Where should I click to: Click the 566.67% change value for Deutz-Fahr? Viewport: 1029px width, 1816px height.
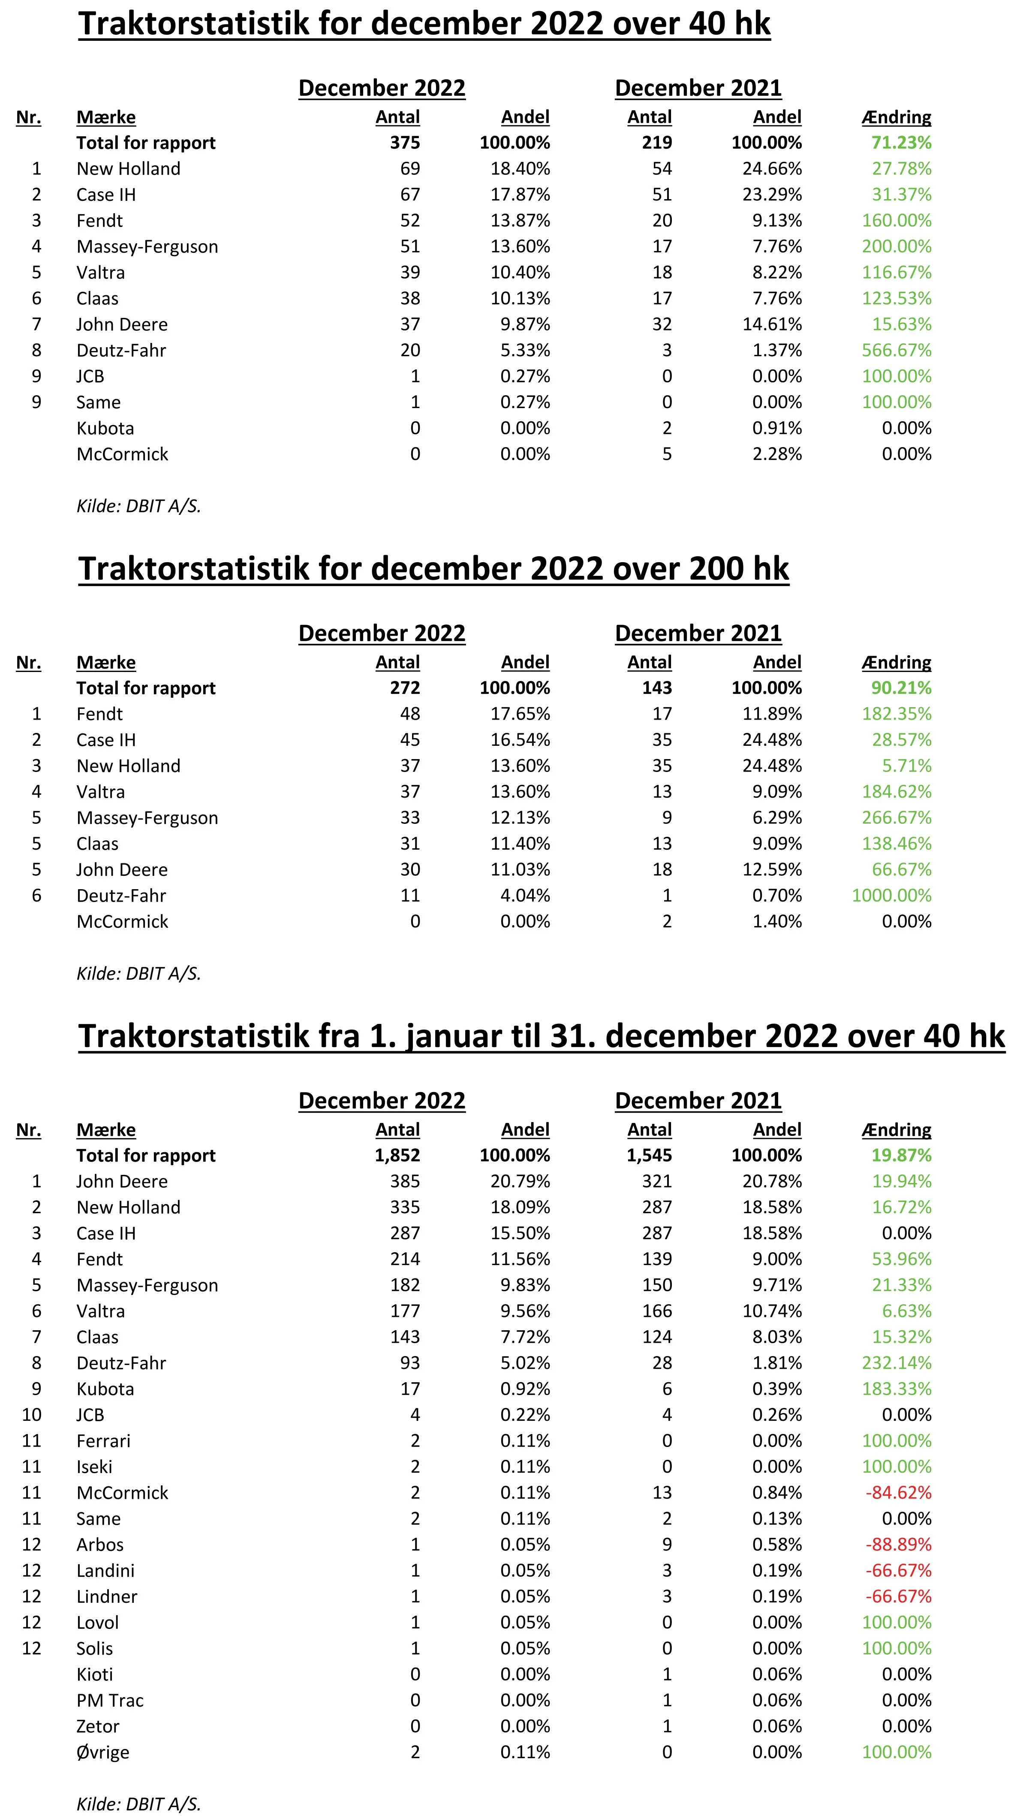pyautogui.click(x=896, y=350)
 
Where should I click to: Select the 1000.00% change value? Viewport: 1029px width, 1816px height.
pyautogui.click(x=891, y=895)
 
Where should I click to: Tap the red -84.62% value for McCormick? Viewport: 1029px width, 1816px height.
pyautogui.click(x=898, y=1493)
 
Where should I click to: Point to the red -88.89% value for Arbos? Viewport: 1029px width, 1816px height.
pyautogui.click(x=898, y=1544)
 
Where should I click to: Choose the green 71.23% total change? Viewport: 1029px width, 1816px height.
pyautogui.click(x=901, y=143)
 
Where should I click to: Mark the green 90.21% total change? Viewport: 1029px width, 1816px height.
pyautogui.click(x=901, y=688)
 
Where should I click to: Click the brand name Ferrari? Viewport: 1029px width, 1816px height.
pyautogui.click(x=103, y=1441)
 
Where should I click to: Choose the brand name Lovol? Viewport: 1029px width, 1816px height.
pyautogui.click(x=97, y=1622)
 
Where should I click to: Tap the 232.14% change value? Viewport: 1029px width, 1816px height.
pyautogui.click(x=896, y=1363)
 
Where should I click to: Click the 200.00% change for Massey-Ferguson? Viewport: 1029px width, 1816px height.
pyautogui.click(x=896, y=246)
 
